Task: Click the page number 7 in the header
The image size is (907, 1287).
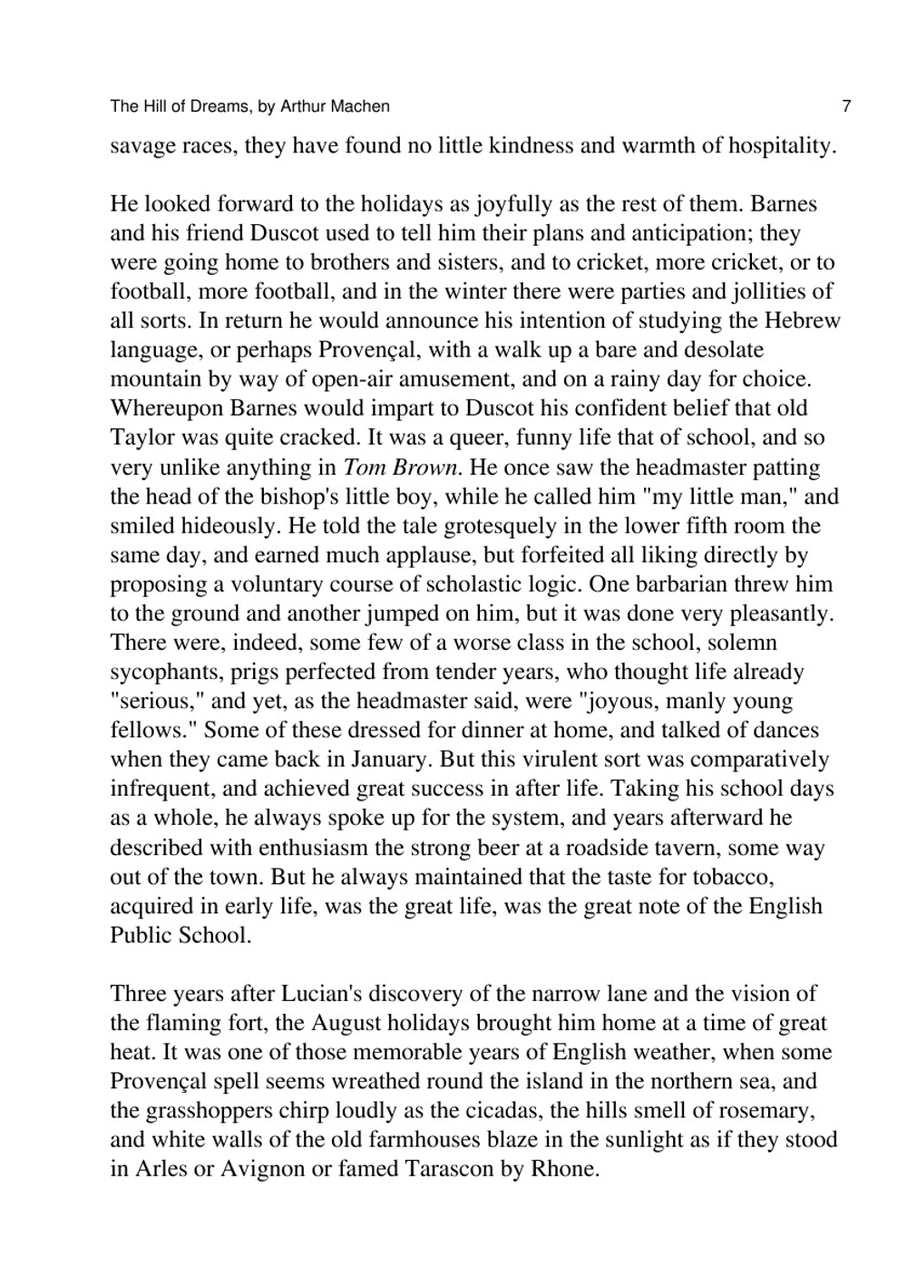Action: (846, 106)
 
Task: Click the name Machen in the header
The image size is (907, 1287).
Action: (361, 106)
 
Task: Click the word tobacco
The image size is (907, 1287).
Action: (729, 877)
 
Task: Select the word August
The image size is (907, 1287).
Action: (345, 1023)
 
